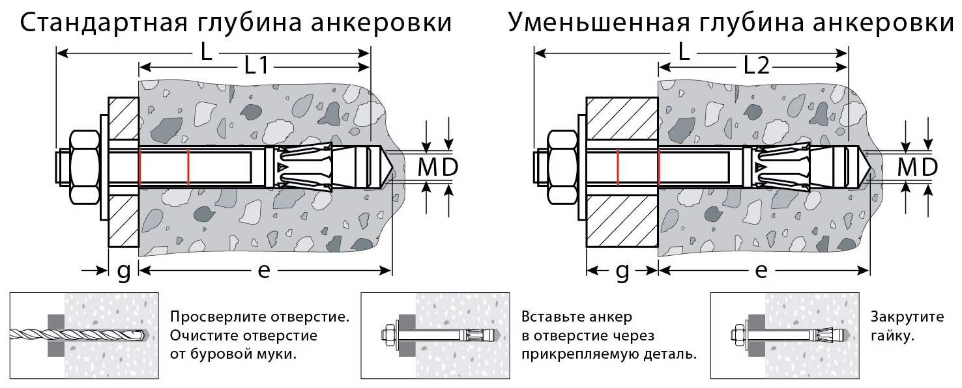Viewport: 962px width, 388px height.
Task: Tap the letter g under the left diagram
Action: (x=123, y=271)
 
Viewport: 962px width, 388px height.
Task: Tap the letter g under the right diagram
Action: (x=622, y=271)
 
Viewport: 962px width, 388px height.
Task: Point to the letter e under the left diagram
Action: (x=263, y=271)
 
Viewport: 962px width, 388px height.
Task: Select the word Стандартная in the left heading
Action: (x=104, y=23)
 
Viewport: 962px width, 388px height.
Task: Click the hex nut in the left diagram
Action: (x=83, y=167)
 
